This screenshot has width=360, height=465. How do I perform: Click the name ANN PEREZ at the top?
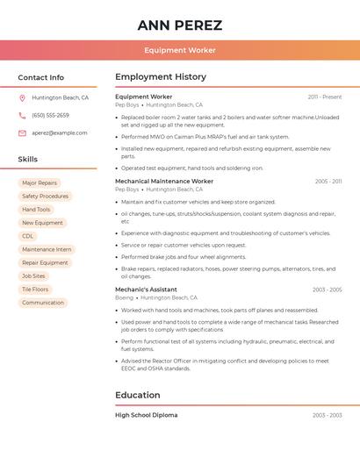click(180, 25)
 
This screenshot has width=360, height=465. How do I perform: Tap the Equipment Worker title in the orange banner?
click(180, 50)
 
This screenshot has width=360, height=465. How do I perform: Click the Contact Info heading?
click(40, 77)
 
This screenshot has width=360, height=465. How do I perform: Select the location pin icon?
click(22, 98)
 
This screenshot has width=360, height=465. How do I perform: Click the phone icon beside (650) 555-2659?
click(22, 116)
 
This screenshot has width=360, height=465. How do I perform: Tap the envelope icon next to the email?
click(22, 133)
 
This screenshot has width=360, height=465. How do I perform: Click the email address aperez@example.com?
click(60, 133)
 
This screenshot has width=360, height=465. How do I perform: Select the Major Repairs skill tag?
click(40, 183)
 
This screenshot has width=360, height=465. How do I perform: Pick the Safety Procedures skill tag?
click(45, 197)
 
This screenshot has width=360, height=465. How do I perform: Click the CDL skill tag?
click(28, 236)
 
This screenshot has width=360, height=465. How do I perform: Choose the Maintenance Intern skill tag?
click(47, 249)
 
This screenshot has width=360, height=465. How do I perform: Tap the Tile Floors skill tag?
click(35, 290)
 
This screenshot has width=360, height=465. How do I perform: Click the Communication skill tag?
click(43, 303)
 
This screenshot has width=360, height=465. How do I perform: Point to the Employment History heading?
click(161, 77)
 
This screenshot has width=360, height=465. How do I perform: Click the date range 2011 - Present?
click(325, 97)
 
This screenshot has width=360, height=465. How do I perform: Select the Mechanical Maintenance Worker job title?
click(164, 182)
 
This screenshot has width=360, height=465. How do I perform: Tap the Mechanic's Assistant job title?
click(146, 290)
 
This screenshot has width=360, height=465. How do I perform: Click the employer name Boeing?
click(124, 297)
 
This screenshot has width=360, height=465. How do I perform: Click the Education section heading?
click(137, 396)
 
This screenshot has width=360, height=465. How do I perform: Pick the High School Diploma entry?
click(146, 415)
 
